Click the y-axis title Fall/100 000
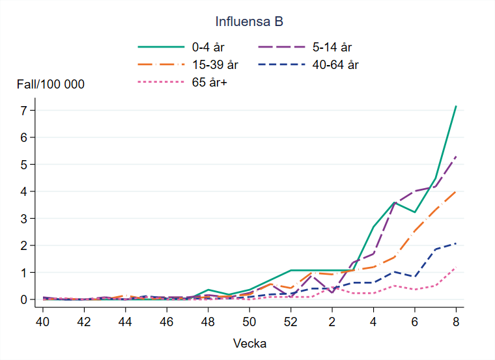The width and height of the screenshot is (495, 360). tap(51, 84)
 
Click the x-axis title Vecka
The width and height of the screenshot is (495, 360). tap(249, 343)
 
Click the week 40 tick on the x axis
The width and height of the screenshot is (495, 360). tap(43, 321)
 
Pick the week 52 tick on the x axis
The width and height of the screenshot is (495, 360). tap(290, 321)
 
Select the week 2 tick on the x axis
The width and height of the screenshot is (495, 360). tap(332, 321)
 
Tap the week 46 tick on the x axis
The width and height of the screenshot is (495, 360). tap(167, 321)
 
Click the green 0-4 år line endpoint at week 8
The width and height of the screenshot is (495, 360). tap(456, 106)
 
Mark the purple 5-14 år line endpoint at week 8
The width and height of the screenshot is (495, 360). tap(456, 156)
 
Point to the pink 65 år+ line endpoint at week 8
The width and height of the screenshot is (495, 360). tap(456, 268)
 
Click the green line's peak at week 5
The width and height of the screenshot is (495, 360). tap(394, 202)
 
